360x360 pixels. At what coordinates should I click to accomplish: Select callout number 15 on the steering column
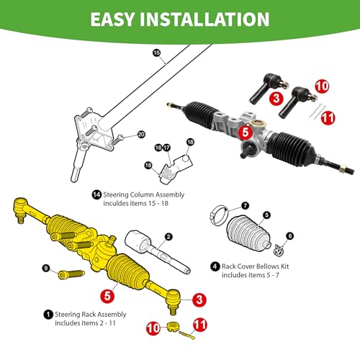[x=156, y=53]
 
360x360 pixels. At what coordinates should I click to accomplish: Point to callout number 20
[x=142, y=135]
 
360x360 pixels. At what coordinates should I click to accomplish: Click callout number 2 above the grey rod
[x=168, y=236]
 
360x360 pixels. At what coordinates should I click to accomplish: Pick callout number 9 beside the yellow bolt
[x=45, y=269]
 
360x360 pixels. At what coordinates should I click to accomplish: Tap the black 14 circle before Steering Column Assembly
[x=97, y=194]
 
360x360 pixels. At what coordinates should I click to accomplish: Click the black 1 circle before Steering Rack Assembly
[x=48, y=314]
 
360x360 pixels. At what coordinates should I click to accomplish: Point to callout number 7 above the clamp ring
[x=225, y=206]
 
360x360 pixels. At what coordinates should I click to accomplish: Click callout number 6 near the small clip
[x=289, y=235]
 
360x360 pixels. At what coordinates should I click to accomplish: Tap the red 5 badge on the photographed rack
[x=245, y=132]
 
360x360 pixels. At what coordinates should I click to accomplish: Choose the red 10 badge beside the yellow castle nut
[x=153, y=327]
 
